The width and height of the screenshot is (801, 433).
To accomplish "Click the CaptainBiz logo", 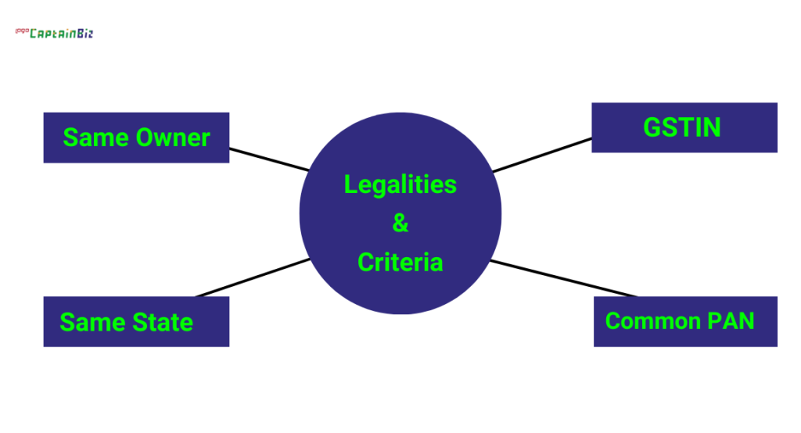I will (60, 34).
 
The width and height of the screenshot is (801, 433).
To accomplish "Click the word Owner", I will (173, 138).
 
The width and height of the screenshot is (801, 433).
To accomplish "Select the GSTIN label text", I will (682, 127).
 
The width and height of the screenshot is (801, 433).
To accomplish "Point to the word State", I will (161, 322).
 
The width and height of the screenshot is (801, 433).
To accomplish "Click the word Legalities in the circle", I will (400, 185).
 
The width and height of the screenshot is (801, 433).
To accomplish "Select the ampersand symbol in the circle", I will (400, 224).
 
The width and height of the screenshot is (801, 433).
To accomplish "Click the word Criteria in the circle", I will (400, 263).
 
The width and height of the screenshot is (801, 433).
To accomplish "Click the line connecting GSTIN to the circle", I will (541, 156).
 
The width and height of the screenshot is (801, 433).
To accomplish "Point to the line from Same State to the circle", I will (252, 277).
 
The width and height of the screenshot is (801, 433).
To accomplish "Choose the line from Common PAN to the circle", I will (563, 278).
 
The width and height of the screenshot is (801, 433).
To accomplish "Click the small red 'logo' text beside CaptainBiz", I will (21, 32).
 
